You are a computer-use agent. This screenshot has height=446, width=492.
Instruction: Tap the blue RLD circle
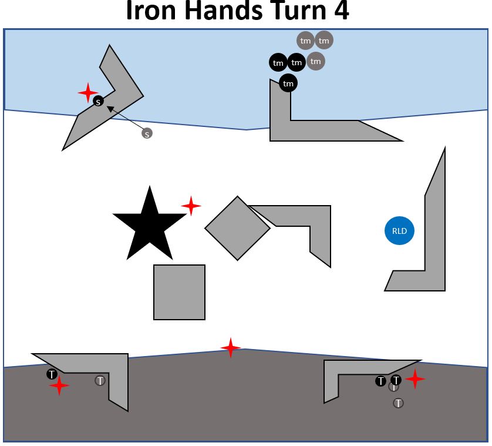pyautogui.click(x=400, y=231)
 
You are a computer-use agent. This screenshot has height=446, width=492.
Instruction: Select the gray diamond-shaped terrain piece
pyautogui.click(x=237, y=228)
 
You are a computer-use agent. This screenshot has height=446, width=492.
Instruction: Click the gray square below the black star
pyautogui.click(x=179, y=292)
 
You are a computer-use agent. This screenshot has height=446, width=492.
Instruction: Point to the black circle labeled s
pyautogui.click(x=99, y=102)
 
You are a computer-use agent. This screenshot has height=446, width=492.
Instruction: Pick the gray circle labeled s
pyautogui.click(x=147, y=133)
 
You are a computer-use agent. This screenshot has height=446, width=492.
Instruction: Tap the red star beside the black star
pyautogui.click(x=191, y=206)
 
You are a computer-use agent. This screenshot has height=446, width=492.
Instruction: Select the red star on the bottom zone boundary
pyautogui.click(x=231, y=348)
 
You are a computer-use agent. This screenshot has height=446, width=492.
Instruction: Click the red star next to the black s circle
pyautogui.click(x=88, y=93)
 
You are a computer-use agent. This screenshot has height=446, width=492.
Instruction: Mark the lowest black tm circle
pyautogui.click(x=288, y=83)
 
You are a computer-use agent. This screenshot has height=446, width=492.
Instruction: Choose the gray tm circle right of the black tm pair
pyautogui.click(x=316, y=61)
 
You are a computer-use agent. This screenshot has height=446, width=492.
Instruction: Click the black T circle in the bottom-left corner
pyautogui.click(x=52, y=374)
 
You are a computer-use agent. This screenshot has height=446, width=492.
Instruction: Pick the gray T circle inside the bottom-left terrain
pyautogui.click(x=100, y=381)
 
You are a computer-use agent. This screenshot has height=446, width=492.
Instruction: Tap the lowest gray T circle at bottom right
pyautogui.click(x=399, y=403)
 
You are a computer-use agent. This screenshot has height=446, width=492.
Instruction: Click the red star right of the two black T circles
pyautogui.click(x=415, y=379)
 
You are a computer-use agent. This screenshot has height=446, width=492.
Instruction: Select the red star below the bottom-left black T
pyautogui.click(x=59, y=386)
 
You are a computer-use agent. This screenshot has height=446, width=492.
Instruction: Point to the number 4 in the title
pyautogui.click(x=340, y=12)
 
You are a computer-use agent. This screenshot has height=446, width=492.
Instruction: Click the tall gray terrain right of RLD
pyautogui.click(x=434, y=235)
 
